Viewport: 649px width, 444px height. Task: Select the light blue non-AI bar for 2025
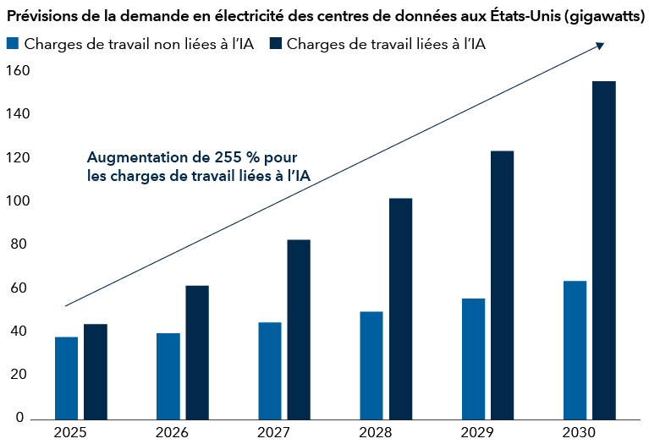point(67,377)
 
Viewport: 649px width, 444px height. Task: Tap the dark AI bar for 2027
point(299,329)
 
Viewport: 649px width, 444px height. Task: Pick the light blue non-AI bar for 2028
point(371,365)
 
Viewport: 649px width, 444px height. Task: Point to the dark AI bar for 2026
point(197,352)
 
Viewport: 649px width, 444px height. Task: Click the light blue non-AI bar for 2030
point(575,349)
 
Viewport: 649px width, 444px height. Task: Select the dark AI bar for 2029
point(502,284)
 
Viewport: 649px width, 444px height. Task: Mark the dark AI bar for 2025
point(96,371)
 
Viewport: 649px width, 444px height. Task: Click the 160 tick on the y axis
point(17,71)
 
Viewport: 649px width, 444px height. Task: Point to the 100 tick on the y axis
point(17,201)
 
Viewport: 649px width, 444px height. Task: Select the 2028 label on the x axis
point(375,432)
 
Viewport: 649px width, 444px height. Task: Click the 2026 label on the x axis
point(172,432)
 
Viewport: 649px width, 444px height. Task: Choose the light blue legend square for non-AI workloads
point(12,44)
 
